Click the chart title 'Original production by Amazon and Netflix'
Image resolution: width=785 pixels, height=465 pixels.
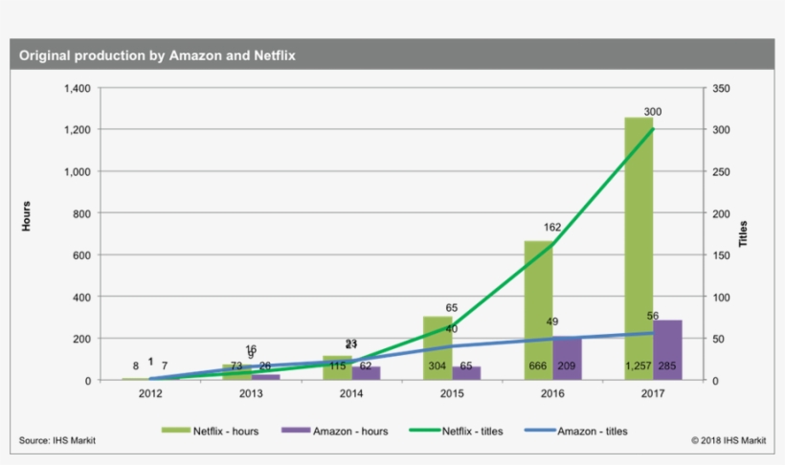tap(158, 56)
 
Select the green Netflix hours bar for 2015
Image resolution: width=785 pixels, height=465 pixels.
tap(437, 344)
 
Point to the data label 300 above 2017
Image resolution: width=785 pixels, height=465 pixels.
tap(652, 112)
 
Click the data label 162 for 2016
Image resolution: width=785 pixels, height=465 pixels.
tap(551, 228)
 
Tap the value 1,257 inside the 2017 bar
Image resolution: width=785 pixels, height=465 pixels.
tap(639, 366)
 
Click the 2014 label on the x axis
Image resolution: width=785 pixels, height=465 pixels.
tap(351, 393)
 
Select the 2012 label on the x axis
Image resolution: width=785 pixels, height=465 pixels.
tap(150, 393)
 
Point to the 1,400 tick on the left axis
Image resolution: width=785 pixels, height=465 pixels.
tap(77, 88)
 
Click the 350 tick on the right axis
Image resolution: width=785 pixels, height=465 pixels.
tap(723, 88)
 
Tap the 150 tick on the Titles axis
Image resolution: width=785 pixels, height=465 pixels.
tap(723, 255)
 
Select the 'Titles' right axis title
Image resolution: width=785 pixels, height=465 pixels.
tap(744, 233)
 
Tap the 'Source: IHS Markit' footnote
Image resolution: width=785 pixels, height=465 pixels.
tap(57, 441)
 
